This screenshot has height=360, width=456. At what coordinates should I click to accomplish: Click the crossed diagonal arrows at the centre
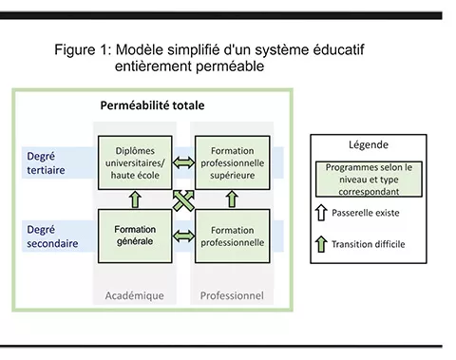(x=184, y=199)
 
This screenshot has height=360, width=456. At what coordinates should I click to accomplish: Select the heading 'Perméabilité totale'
(x=152, y=104)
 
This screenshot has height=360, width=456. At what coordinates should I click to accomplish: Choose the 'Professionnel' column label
(x=232, y=295)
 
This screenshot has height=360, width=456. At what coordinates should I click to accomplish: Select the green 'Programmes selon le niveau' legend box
(x=370, y=178)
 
